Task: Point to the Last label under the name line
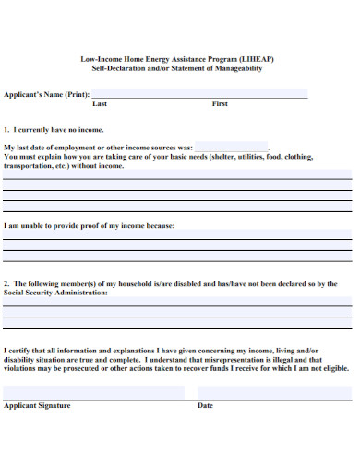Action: [x=100, y=104]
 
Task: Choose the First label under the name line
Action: [x=220, y=104]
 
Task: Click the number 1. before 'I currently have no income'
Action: [x=7, y=130]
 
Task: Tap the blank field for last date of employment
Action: [x=231, y=147]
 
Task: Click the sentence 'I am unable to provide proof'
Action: [x=89, y=225]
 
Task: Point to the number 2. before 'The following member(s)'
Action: [x=7, y=284]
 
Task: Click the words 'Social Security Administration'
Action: [x=55, y=293]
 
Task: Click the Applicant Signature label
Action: [x=37, y=405]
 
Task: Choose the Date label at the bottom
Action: [x=205, y=405]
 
